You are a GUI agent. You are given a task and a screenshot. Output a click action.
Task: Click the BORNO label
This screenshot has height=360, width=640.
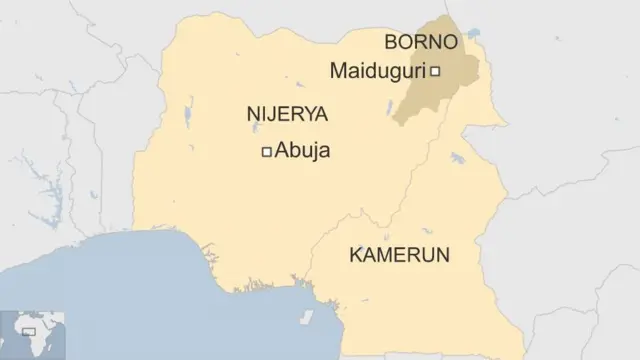(x=421, y=42)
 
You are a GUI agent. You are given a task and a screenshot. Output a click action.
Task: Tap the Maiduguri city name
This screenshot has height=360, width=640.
(x=377, y=71)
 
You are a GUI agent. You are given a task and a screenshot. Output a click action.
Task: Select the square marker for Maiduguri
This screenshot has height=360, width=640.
(x=435, y=71)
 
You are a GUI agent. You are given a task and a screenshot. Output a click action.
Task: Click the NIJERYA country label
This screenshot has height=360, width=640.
(x=287, y=114)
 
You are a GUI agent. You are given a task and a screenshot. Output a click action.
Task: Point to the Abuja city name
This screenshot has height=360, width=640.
(x=301, y=152)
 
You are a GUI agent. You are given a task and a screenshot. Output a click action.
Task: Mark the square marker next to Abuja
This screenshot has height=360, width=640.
(x=266, y=152)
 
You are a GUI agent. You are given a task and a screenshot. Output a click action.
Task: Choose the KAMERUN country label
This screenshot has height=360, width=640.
(x=399, y=255)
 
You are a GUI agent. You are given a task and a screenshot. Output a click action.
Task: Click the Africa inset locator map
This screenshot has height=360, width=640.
(x=32, y=334)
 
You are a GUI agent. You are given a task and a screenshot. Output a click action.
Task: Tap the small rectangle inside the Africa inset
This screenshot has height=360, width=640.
(x=29, y=330)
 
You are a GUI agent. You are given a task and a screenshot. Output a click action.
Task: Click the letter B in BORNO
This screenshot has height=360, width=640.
(x=391, y=42)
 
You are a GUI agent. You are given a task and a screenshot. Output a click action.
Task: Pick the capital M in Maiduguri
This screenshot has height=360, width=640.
(x=337, y=71)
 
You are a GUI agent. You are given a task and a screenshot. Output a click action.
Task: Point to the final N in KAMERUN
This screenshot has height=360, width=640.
(x=442, y=255)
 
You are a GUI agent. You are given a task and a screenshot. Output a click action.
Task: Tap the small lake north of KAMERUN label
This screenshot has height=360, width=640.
(x=459, y=159)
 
